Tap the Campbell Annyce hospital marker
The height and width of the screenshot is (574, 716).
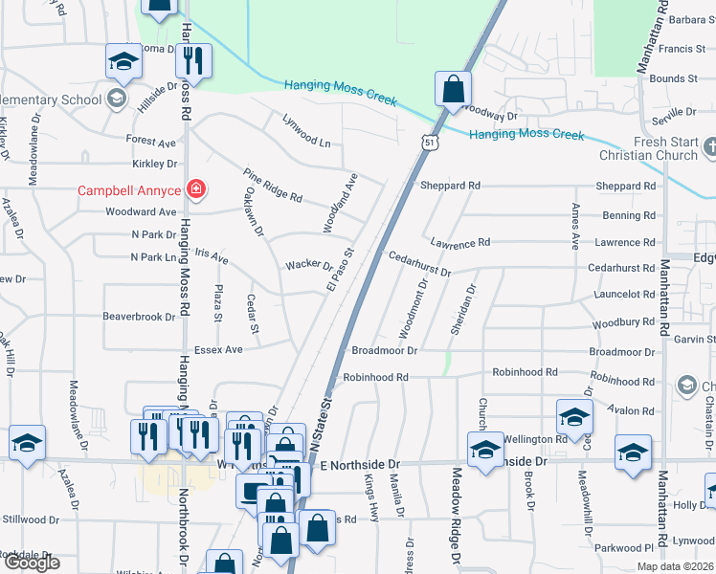click(196, 189)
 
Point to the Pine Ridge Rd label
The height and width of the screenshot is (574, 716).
click(273, 185)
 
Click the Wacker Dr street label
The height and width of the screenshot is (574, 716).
click(308, 265)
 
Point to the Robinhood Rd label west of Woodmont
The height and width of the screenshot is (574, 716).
click(375, 378)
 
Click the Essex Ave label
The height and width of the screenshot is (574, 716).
click(218, 350)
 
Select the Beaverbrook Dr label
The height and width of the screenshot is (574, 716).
click(140, 316)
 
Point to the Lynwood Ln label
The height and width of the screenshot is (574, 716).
click(305, 130)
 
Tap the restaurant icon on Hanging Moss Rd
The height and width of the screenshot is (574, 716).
click(194, 61)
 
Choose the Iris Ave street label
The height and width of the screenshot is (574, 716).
click(211, 256)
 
